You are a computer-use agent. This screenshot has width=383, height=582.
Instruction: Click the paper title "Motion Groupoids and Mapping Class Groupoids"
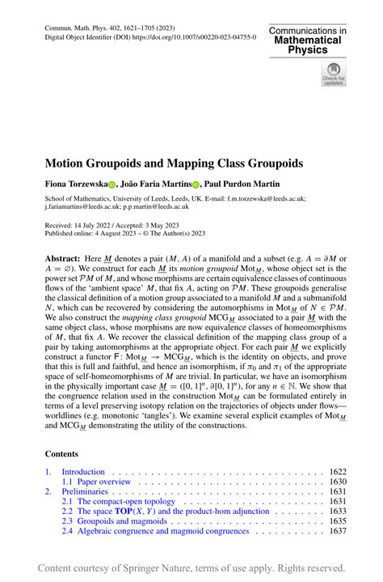[x=174, y=163]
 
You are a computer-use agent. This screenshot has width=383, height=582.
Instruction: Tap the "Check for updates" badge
[x=334, y=74]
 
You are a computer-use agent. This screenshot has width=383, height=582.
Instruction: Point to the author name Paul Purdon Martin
[x=246, y=185]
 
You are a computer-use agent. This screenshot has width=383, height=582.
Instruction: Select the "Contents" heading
[x=62, y=454]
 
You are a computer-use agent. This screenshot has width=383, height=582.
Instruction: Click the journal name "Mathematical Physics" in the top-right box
[x=309, y=44]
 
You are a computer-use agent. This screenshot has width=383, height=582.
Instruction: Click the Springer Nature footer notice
[x=191, y=567]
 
